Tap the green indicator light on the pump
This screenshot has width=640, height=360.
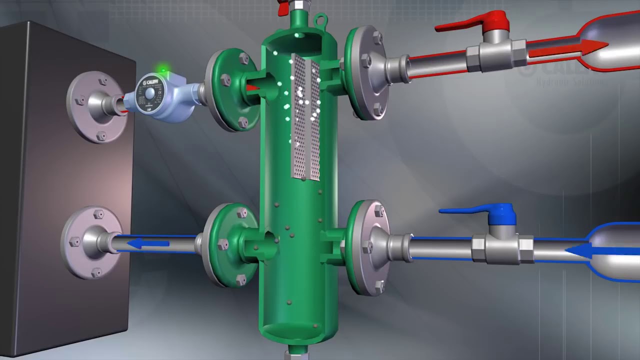161,69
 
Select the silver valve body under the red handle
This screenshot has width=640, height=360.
495,54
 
